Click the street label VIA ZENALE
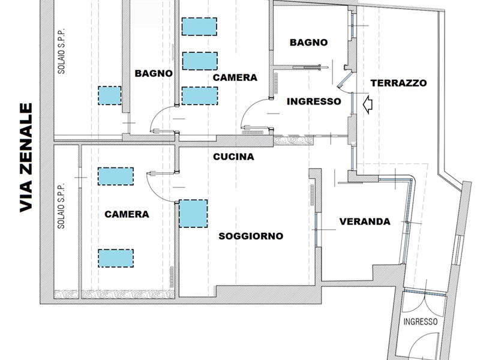point(26,157)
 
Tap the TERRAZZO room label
point(398,83)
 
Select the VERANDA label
point(365,221)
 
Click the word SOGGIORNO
point(251,236)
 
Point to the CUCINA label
point(233,157)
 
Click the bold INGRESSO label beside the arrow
point(314,101)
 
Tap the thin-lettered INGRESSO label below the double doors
point(421,322)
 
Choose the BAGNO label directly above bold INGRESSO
point(308,42)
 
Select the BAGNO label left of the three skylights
point(154,73)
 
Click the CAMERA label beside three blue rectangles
point(235,77)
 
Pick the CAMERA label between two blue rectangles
point(127,214)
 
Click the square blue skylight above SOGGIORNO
point(193,214)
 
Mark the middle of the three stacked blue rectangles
point(200,61)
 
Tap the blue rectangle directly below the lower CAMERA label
point(116,258)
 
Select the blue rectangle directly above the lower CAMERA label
point(116,176)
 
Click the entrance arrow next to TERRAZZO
point(368,104)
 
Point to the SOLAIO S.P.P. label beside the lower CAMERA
point(62,206)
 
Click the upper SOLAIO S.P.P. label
point(62,51)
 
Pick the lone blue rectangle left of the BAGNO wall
point(110,95)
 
